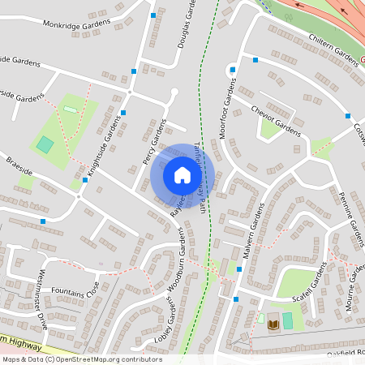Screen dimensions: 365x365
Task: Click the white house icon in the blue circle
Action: tap(182, 175)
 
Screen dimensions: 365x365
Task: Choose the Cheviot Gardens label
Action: tap(276, 118)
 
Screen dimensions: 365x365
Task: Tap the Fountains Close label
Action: tap(74, 287)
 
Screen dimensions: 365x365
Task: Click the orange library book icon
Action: tap(273, 324)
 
